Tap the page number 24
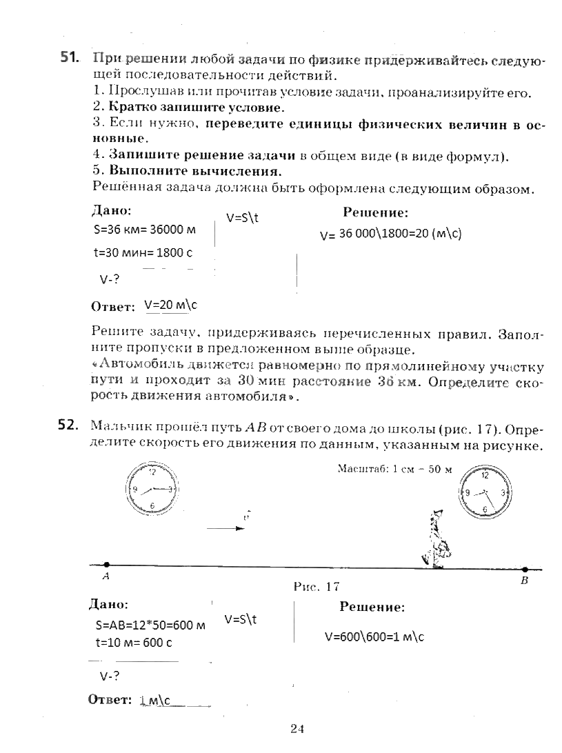click(x=297, y=729)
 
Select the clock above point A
click(x=152, y=490)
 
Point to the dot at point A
click(x=106, y=564)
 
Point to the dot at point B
click(x=525, y=570)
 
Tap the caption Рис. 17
click(x=317, y=587)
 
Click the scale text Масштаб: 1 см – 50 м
click(x=394, y=469)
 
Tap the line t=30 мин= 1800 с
click(x=143, y=252)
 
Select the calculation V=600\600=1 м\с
click(x=374, y=637)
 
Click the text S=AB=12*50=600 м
click(x=151, y=626)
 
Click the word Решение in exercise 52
click(x=372, y=608)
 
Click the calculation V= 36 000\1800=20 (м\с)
click(x=391, y=234)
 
